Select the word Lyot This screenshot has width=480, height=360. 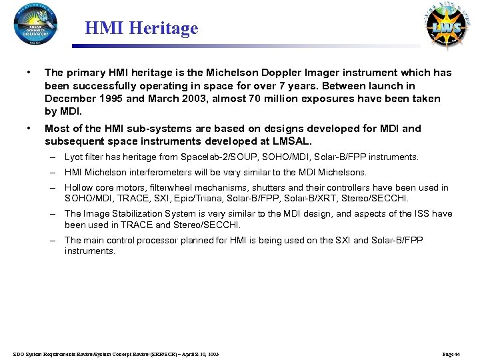pyautogui.click(x=74, y=157)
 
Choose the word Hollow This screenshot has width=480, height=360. pyautogui.click(x=78, y=188)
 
